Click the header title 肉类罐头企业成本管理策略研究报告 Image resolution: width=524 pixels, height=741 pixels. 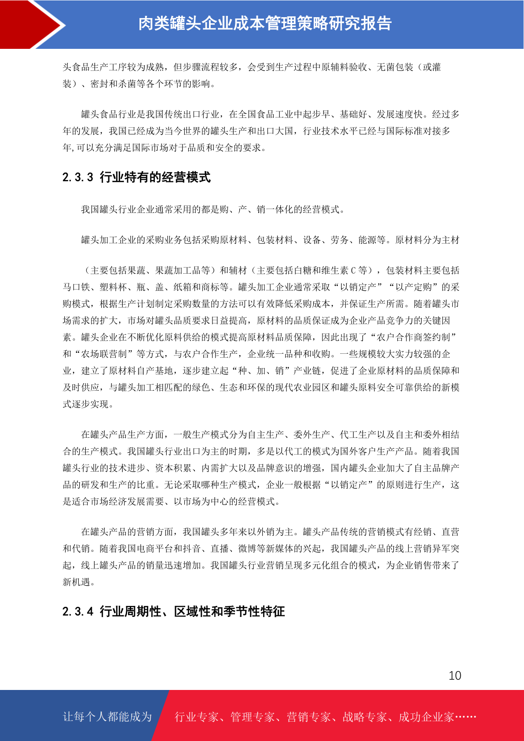[x=265, y=24]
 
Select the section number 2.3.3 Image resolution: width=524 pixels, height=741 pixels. [x=78, y=177]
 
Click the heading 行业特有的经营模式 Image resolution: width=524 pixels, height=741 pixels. [x=155, y=177]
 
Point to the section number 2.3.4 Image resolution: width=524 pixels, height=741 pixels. [x=78, y=612]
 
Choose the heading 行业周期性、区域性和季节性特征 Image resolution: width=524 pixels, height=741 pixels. [x=192, y=612]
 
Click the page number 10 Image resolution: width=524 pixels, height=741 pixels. [x=454, y=675]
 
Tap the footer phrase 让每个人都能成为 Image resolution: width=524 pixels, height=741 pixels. [x=107, y=717]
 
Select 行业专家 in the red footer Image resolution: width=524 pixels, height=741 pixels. [x=197, y=717]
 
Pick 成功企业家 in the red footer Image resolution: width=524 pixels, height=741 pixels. [x=426, y=717]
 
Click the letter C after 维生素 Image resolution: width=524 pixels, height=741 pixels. [x=353, y=271]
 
